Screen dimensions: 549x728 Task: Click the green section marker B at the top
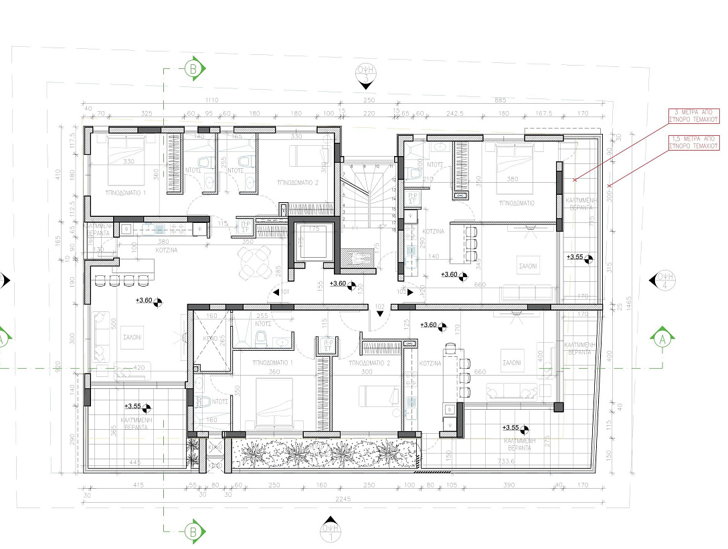193,68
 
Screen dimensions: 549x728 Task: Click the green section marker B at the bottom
193,532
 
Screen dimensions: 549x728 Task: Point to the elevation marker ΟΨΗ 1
329,531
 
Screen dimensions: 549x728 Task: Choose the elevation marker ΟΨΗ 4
664,280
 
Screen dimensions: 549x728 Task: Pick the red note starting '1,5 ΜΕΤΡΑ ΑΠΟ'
694,141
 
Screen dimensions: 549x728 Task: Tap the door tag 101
284,292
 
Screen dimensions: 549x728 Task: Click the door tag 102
379,307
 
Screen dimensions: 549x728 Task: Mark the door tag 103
402,292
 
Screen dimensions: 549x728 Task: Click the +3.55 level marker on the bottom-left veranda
137,406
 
